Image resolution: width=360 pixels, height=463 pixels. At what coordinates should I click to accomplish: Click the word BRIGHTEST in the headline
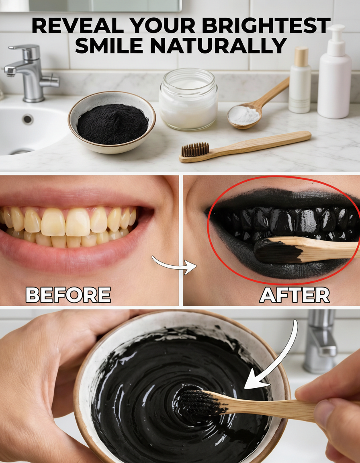click(x=266, y=25)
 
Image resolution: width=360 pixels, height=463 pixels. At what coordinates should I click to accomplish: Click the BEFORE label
click(x=68, y=295)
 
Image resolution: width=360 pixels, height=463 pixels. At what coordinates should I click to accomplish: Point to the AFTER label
click(x=295, y=295)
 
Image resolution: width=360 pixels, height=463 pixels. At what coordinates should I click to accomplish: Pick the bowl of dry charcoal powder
click(x=112, y=122)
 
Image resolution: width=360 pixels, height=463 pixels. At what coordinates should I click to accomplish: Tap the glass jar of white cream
click(x=188, y=99)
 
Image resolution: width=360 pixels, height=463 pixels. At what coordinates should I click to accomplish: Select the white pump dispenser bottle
click(x=335, y=72)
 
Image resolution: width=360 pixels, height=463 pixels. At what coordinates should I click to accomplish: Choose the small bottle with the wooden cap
click(x=300, y=80)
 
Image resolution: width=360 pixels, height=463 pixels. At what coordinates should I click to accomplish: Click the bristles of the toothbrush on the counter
click(x=195, y=150)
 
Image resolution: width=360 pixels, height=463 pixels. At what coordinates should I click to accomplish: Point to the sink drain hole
click(x=28, y=119)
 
